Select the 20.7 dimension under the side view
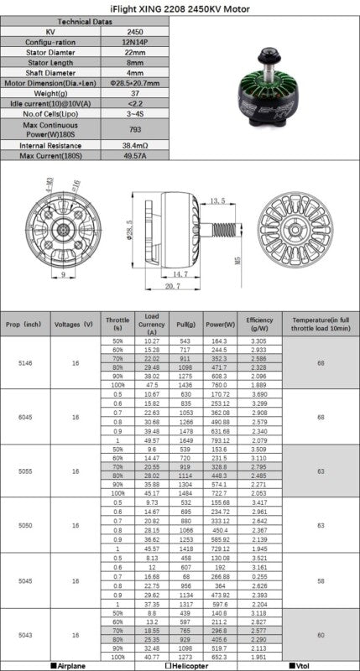(x=173, y=287)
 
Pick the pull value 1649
(x=185, y=440)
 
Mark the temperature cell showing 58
(x=321, y=580)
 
